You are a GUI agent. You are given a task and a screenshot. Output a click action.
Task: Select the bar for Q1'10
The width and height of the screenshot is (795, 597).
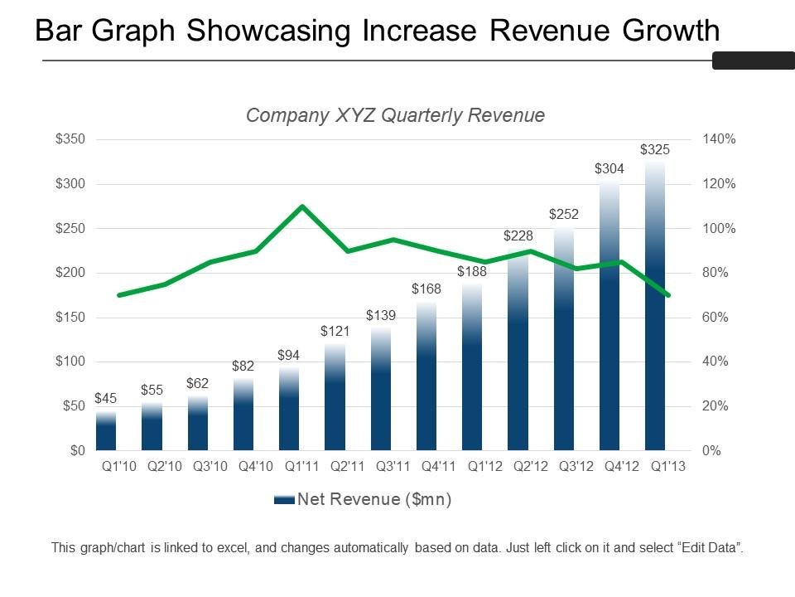tap(106, 431)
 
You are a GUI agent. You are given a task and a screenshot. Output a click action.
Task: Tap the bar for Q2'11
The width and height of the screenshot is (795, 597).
tap(335, 398)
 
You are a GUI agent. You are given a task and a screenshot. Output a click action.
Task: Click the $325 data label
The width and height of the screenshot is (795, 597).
tap(655, 150)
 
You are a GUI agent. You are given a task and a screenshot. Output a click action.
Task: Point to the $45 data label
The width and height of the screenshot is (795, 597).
tap(106, 399)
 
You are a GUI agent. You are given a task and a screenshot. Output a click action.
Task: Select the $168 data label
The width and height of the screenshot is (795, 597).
tap(426, 289)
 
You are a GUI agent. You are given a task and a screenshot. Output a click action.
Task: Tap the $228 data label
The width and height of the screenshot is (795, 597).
tap(518, 236)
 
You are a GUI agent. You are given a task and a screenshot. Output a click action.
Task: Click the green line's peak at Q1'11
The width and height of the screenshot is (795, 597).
tap(302, 206)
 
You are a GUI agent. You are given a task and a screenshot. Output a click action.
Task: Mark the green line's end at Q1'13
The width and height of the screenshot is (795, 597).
tap(667, 294)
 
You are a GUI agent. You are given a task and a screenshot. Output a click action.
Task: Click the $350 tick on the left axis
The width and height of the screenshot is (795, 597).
tap(70, 139)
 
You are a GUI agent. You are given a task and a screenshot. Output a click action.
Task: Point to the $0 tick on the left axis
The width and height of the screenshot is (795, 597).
tap(76, 451)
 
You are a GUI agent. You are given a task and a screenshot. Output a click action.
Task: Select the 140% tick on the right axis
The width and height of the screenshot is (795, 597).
tap(719, 139)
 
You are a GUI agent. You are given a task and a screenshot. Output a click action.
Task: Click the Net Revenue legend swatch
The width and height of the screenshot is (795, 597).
tap(283, 499)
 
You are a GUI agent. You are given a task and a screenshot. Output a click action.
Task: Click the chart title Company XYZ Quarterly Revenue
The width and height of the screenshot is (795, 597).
tap(395, 115)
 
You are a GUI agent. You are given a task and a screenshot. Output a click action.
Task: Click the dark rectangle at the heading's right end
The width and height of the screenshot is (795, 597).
tap(753, 61)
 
